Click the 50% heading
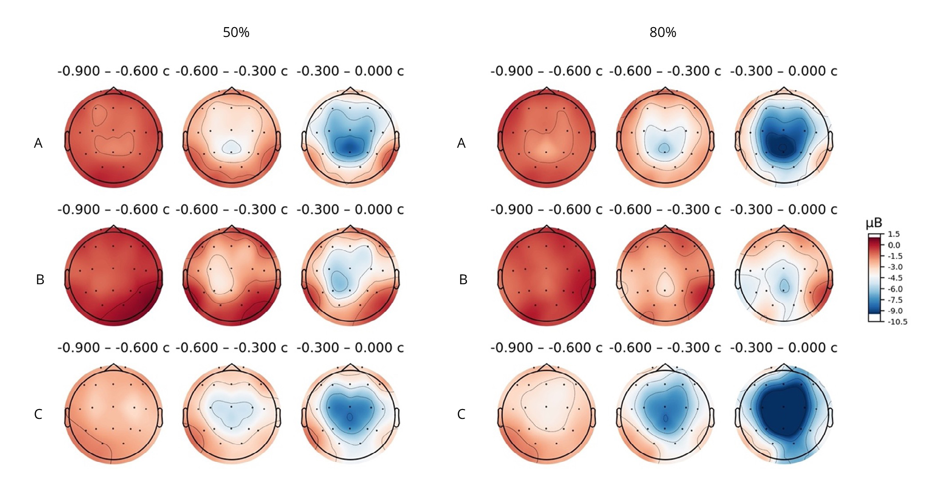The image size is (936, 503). (236, 33)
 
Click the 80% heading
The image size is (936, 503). (662, 33)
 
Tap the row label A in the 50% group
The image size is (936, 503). (38, 143)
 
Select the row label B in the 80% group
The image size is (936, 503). (463, 280)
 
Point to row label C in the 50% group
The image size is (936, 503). (38, 414)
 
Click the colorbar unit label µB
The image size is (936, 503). (874, 223)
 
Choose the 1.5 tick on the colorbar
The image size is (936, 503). (893, 234)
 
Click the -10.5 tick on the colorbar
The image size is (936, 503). (897, 322)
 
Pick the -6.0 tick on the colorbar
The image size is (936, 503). (895, 289)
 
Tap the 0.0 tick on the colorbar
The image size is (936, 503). (894, 245)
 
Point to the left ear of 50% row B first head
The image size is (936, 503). (67, 279)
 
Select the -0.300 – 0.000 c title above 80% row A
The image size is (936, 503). (783, 71)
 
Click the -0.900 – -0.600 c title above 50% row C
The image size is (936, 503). (113, 348)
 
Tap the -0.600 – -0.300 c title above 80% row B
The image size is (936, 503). (664, 209)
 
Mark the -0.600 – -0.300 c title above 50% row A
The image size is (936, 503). (231, 71)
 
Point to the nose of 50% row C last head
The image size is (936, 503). (350, 367)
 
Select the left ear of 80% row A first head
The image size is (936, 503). (500, 141)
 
